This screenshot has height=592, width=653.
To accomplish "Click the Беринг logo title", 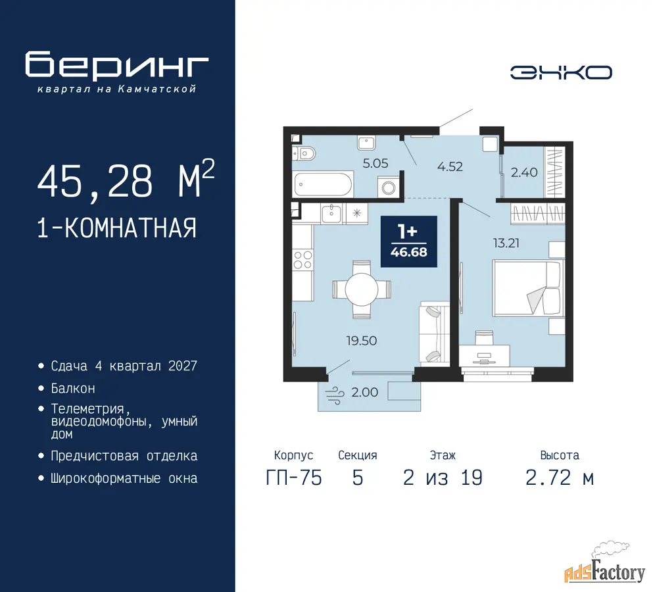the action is coord(116,65).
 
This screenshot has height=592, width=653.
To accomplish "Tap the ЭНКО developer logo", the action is coord(561,72).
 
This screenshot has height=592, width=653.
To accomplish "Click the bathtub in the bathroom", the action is coord(323,184).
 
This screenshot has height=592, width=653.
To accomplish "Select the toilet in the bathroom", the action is coord(304,154).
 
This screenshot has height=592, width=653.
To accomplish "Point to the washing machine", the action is coord(389,187).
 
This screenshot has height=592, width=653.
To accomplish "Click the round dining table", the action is coord(362,289).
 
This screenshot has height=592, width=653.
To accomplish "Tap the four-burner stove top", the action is coord(302,259).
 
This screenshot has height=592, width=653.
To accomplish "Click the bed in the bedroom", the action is coord(528,288).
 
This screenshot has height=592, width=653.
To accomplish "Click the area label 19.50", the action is coord(362,341).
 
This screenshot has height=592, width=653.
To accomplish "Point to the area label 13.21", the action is coord(506,243).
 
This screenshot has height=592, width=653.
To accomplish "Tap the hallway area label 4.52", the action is coord(450,166).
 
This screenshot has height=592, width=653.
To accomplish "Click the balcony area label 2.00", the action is coord(365,392).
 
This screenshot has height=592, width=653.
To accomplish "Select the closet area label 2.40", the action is coord(524,172).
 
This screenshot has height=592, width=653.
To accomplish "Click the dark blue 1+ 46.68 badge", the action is coord(409,241).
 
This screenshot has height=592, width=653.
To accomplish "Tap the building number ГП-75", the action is coord(294,478).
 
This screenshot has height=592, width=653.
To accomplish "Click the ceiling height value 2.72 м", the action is coord(560,478).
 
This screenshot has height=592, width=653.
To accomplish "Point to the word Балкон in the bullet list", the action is coord(73,388).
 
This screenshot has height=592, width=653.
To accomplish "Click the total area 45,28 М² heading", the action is coord(126,179).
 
